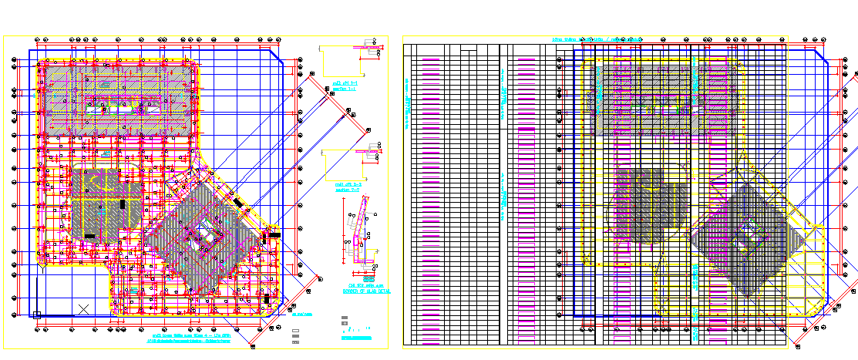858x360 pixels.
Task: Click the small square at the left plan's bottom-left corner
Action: (35, 315)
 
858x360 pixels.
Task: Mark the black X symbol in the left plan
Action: (83, 309)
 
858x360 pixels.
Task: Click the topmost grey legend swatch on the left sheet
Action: (345, 318)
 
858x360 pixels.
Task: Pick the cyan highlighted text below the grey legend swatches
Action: (358, 338)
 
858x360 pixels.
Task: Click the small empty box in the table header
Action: (468, 52)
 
